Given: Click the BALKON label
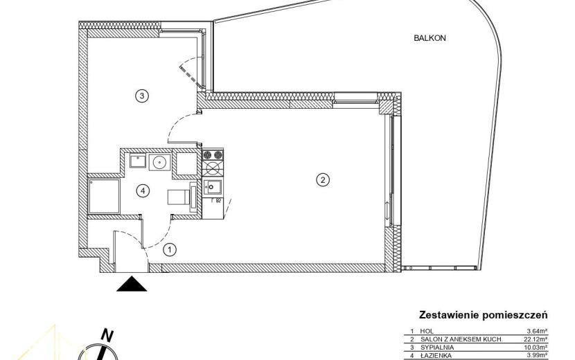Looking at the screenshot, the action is click(430, 38).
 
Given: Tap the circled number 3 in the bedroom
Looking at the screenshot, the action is click(142, 96).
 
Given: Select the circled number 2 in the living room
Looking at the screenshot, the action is click(323, 179).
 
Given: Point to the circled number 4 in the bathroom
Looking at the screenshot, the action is click(143, 190).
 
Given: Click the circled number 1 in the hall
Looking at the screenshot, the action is click(170, 250).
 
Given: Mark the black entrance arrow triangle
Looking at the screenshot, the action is click(132, 284).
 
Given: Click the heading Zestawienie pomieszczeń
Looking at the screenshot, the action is click(484, 315).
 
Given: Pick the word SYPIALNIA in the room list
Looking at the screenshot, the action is click(437, 347).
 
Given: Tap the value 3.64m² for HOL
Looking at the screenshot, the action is click(538, 331).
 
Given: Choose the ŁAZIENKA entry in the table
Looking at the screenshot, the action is click(436, 355).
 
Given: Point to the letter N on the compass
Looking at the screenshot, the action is click(107, 335).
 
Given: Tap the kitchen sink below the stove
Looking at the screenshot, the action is click(213, 187).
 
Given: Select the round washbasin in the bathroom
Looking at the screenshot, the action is click(159, 162).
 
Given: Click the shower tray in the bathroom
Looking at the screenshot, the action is click(104, 196).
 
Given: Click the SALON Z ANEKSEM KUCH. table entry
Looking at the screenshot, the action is click(461, 339).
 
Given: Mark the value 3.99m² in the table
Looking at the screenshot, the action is click(538, 355).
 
